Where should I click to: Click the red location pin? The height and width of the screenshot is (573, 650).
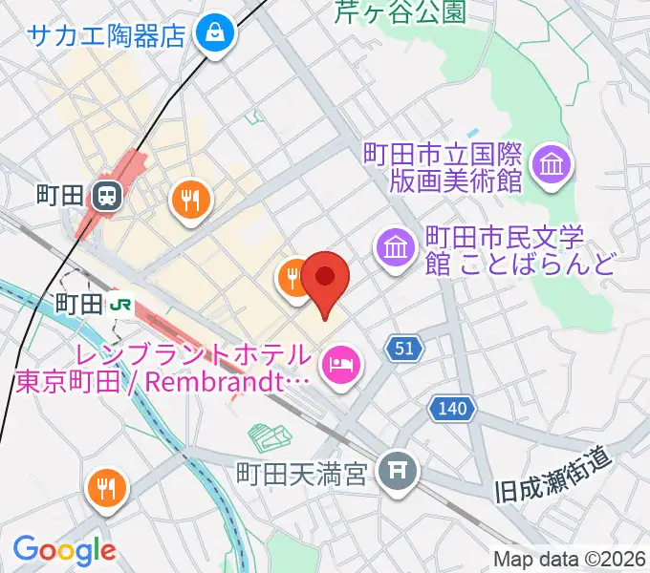click(x=326, y=279)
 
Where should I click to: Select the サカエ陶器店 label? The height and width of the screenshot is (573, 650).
click(x=106, y=36)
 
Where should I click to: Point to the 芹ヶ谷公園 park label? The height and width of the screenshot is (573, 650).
click(x=400, y=11)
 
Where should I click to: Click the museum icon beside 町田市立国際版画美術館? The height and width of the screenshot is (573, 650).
click(x=552, y=165)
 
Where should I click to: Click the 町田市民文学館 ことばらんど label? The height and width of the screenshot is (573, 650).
click(x=520, y=250)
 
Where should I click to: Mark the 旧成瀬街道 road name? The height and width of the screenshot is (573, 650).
click(x=554, y=477)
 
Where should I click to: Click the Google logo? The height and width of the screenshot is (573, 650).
click(x=64, y=550)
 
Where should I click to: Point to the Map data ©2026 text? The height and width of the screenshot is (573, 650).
click(x=570, y=558)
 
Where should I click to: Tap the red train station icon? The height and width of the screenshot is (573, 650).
click(x=106, y=198)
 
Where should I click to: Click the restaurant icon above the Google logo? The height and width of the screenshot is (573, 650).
click(x=105, y=489)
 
